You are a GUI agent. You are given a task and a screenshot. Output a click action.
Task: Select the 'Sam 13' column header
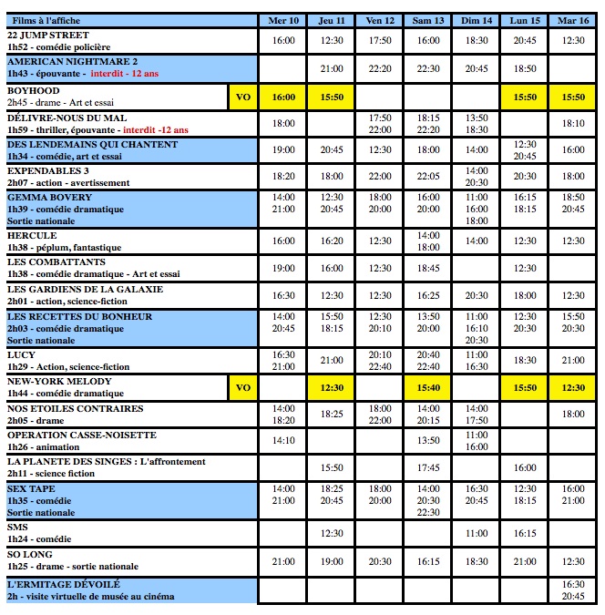pyautogui.click(x=427, y=20)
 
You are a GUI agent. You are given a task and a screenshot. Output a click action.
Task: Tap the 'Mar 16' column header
pyautogui.click(x=573, y=20)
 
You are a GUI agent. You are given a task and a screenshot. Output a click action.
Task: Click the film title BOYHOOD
pyautogui.click(x=34, y=91)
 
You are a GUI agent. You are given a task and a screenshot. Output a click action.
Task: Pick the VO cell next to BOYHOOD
pyautogui.click(x=242, y=97)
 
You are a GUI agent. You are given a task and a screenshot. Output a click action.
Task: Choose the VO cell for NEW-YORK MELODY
pyautogui.click(x=242, y=387)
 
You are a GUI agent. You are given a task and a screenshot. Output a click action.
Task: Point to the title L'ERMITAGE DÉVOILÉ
pyautogui.click(x=64, y=583)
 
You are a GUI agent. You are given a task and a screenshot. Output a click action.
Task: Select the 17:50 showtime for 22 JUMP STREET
pyautogui.click(x=380, y=40)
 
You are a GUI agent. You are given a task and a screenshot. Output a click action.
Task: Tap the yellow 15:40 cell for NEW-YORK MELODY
pyautogui.click(x=427, y=387)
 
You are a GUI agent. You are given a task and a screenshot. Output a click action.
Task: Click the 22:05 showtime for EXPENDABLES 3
pyautogui.click(x=427, y=176)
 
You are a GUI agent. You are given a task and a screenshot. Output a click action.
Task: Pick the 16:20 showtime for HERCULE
pyautogui.click(x=332, y=241)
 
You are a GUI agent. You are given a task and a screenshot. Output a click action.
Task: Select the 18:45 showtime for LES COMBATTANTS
pyautogui.click(x=427, y=268)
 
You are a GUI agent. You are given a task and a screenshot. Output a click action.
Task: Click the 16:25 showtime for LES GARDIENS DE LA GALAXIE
pyautogui.click(x=427, y=295)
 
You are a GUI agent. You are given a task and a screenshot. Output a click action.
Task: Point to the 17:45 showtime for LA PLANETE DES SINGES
pyautogui.click(x=427, y=467)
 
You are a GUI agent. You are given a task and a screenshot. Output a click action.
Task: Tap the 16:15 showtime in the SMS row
pyautogui.click(x=525, y=533)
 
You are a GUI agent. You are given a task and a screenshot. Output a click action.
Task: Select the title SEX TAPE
pyautogui.click(x=32, y=489)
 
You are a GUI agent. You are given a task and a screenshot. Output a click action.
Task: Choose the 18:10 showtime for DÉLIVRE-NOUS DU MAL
pyautogui.click(x=573, y=123)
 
